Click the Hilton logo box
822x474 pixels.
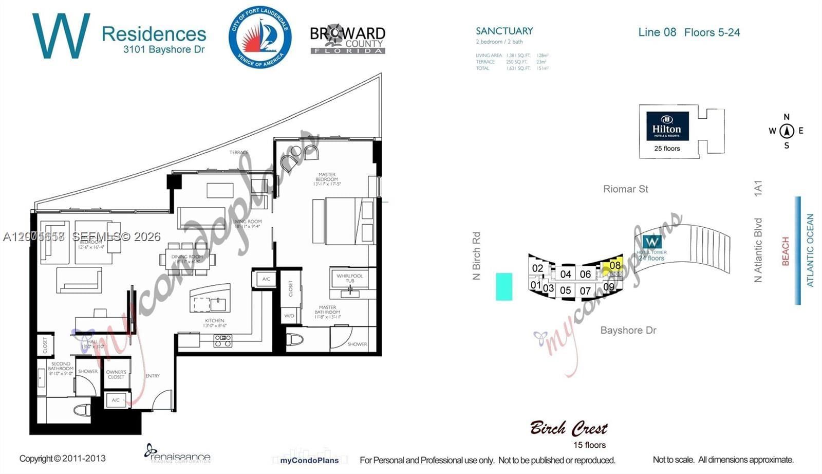(x=667, y=126)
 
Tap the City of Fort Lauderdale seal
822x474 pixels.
(x=260, y=37)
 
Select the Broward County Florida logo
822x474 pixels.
(x=348, y=39)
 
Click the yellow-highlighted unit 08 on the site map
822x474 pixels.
(x=614, y=266)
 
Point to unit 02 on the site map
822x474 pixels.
(x=537, y=268)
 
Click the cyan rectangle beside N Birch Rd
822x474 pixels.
(x=503, y=286)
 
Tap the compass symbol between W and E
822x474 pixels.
(x=787, y=131)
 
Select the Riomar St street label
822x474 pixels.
(x=625, y=189)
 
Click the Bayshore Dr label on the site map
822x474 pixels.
(x=628, y=330)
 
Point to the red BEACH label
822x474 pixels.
(x=785, y=251)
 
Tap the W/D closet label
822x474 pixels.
(x=289, y=316)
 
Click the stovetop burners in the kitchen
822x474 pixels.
(x=223, y=340)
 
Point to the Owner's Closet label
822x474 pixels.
(x=116, y=374)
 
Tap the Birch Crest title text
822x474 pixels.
(x=568, y=428)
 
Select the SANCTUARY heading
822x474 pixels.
(x=504, y=31)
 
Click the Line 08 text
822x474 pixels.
(x=657, y=32)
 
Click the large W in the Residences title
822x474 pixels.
(x=61, y=36)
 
